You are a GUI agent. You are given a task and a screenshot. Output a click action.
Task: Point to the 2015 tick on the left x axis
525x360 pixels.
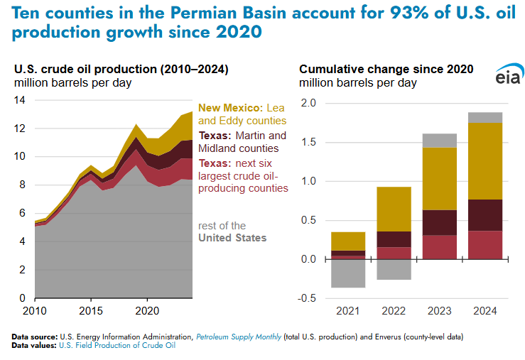click(x=90, y=310)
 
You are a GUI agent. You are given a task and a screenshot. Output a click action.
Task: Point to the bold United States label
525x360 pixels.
click(x=232, y=238)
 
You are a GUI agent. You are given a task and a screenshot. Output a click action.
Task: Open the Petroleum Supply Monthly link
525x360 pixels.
click(x=238, y=337)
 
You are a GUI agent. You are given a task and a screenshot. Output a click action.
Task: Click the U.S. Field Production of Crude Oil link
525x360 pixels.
click(x=116, y=345)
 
